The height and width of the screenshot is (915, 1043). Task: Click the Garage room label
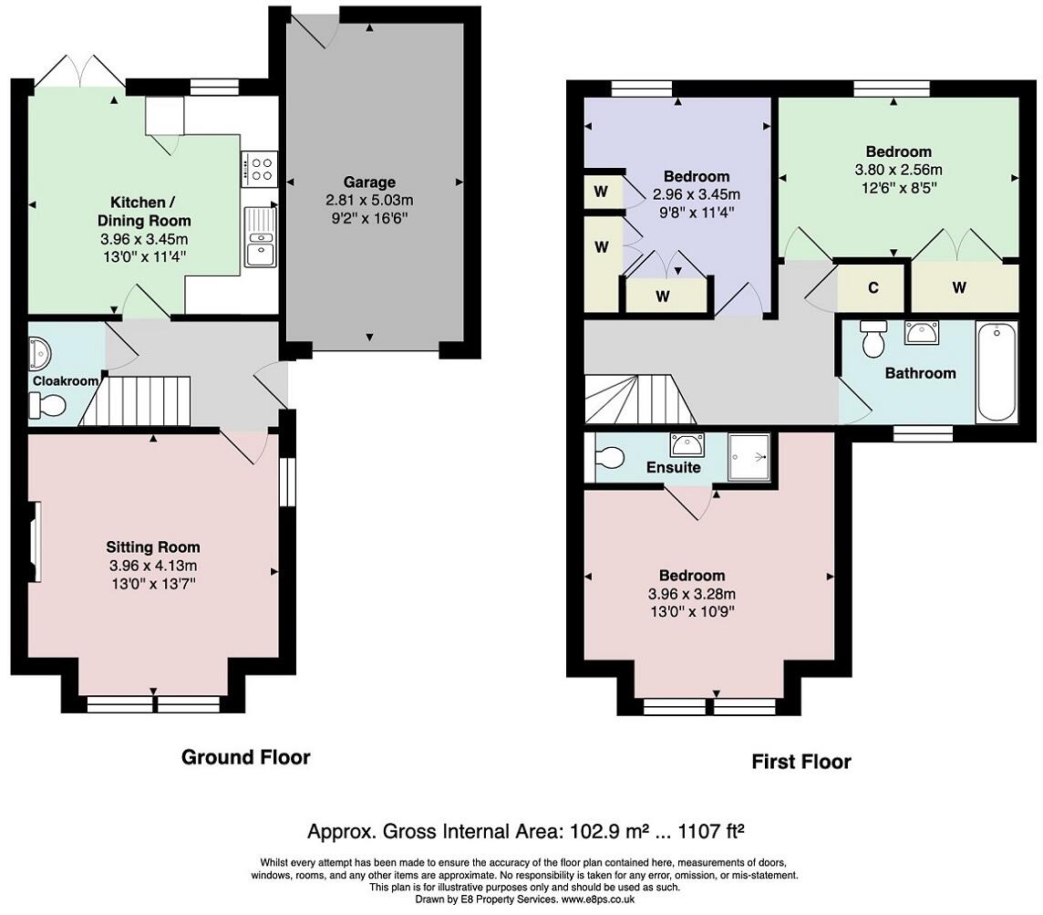pos(369,182)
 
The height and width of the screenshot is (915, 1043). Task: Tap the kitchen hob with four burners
pos(259,169)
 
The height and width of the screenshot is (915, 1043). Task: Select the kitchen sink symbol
pos(260,237)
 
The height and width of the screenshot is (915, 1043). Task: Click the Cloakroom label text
pos(66,381)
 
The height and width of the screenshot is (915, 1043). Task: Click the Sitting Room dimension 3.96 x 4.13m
pos(153,566)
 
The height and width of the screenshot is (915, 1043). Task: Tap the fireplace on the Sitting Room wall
pos(35,542)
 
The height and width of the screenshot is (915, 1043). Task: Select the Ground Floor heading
pos(245,757)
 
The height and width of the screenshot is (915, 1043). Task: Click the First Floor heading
pos(800,762)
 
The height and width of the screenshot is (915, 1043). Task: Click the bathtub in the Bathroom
pos(997,371)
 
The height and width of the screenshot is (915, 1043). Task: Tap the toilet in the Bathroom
pos(872,338)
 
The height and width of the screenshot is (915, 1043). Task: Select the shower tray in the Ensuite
pos(749,457)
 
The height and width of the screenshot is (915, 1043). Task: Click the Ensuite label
pos(673,468)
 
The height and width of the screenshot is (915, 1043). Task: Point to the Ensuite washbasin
pos(687,444)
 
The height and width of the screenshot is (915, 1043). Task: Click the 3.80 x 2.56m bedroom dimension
pos(898,170)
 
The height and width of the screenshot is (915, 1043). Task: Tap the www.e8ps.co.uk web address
pos(598,899)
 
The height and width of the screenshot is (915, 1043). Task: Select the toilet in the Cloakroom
pos(46,405)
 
